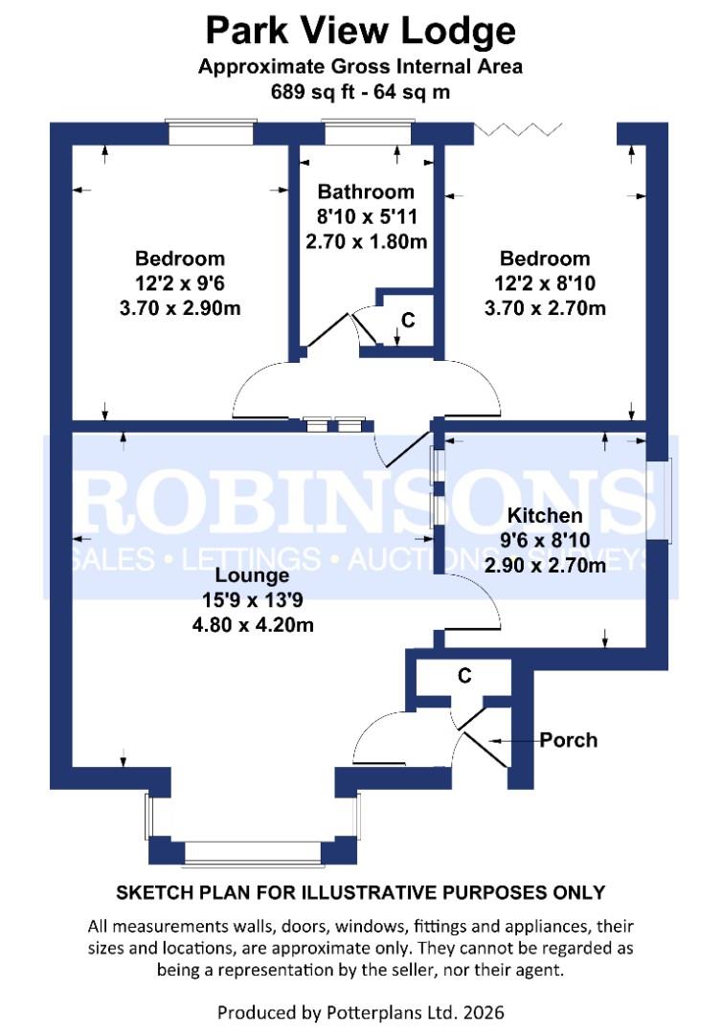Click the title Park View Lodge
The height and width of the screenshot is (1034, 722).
(361, 31)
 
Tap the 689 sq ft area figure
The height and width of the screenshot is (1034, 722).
(315, 93)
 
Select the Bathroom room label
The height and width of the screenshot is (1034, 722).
(366, 191)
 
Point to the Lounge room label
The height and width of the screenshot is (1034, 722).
(252, 576)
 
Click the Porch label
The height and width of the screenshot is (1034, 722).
(568, 740)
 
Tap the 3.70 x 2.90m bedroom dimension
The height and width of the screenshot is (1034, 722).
(180, 308)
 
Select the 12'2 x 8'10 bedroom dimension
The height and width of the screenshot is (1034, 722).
(545, 283)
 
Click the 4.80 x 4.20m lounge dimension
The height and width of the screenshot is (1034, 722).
(253, 626)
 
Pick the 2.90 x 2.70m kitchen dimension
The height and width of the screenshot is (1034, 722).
(545, 566)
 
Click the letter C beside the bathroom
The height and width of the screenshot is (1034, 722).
(408, 320)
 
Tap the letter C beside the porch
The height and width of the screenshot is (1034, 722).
(464, 676)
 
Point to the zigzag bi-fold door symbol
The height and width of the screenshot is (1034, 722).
(517, 129)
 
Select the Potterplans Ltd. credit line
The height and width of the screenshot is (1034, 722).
(361, 1012)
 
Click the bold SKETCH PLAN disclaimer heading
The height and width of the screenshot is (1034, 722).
(361, 892)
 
